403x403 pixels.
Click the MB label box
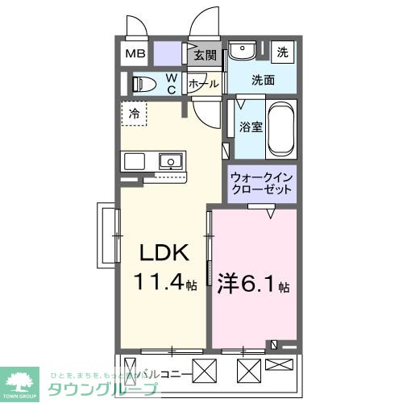tap(134, 55)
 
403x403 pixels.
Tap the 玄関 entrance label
tap(206, 55)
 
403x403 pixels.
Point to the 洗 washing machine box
tap(282, 52)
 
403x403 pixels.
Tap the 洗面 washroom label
tap(263, 81)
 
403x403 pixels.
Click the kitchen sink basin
tap(170, 160)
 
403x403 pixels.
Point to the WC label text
tap(172, 83)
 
